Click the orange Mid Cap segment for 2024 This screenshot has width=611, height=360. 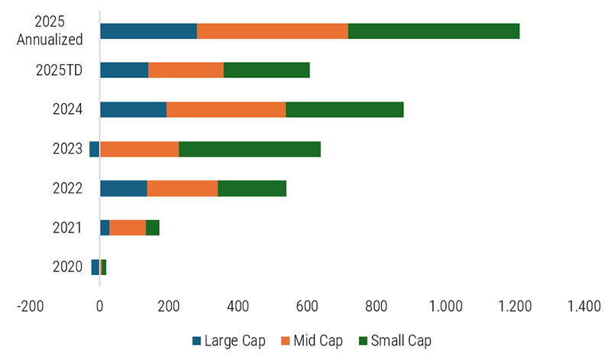(x=226, y=109)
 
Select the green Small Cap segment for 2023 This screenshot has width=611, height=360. (x=249, y=149)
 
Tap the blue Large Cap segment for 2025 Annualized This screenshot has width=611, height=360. (x=148, y=31)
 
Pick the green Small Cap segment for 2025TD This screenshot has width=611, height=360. (x=267, y=70)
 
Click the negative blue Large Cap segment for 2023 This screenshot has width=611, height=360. (x=95, y=149)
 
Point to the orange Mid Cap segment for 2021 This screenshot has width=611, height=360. (x=128, y=228)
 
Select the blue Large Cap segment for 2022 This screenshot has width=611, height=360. (x=124, y=188)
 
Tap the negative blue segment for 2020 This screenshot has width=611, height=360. (x=95, y=267)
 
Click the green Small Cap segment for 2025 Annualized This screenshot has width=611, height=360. (x=434, y=31)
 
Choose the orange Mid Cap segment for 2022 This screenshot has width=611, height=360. (x=183, y=188)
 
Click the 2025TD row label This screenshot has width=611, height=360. (x=59, y=70)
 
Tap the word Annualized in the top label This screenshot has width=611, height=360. (x=50, y=40)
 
